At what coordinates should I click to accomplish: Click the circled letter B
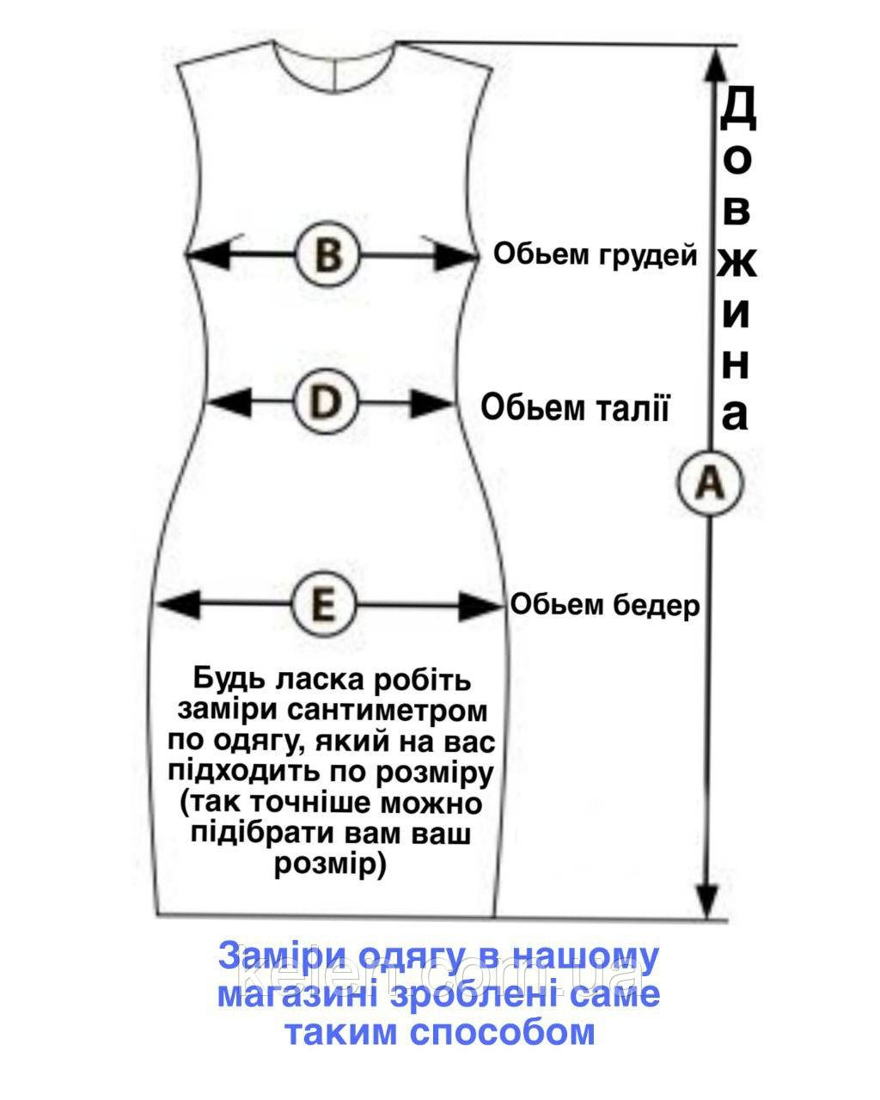pyautogui.click(x=328, y=254)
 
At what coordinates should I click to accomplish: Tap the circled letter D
pyautogui.click(x=326, y=402)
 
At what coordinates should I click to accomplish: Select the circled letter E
pyautogui.click(x=325, y=604)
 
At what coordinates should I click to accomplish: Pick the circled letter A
pyautogui.click(x=709, y=482)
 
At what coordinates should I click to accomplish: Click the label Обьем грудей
pyautogui.click(x=595, y=254)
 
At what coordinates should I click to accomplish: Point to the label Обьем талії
pyautogui.click(x=575, y=408)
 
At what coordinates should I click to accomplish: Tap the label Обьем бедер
pyautogui.click(x=605, y=605)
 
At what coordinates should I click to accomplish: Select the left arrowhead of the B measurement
pyautogui.click(x=207, y=254)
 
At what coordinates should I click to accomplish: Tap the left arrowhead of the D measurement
pyautogui.click(x=230, y=402)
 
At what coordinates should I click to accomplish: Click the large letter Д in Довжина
pyautogui.click(x=736, y=110)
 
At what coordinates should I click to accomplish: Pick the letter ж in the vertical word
pyautogui.click(x=736, y=262)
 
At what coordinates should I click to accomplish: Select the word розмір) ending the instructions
pyautogui.click(x=330, y=865)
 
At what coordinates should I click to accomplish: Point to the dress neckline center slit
pyautogui.click(x=335, y=74)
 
